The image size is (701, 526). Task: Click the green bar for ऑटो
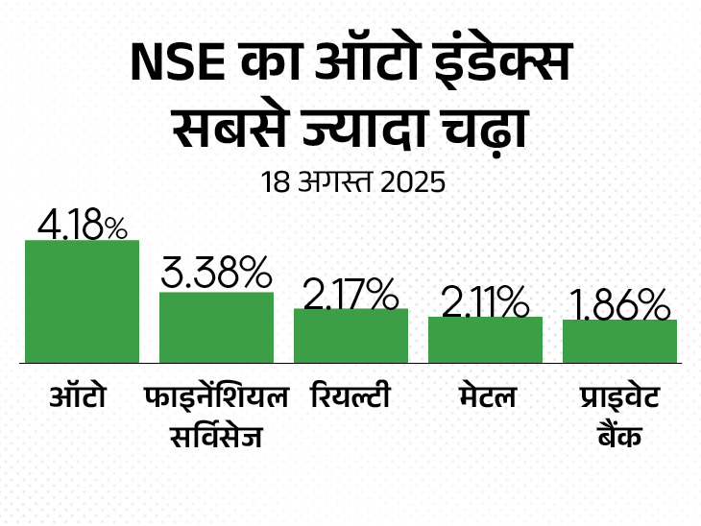pyautogui.click(x=82, y=301)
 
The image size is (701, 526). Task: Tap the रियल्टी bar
pyautogui.click(x=350, y=336)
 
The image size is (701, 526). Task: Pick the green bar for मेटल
pyautogui.click(x=485, y=340)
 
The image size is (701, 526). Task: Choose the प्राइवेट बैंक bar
pyautogui.click(x=619, y=342)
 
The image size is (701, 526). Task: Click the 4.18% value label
pyautogui.click(x=82, y=225)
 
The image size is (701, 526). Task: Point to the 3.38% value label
pyautogui.click(x=216, y=275)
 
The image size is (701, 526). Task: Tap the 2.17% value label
pyautogui.click(x=350, y=293)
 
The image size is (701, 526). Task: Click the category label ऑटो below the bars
pyautogui.click(x=76, y=395)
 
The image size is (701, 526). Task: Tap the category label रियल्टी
pyautogui.click(x=350, y=395)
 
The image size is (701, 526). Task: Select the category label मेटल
pyautogui.click(x=485, y=396)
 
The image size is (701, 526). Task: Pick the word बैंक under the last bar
pyautogui.click(x=617, y=438)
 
